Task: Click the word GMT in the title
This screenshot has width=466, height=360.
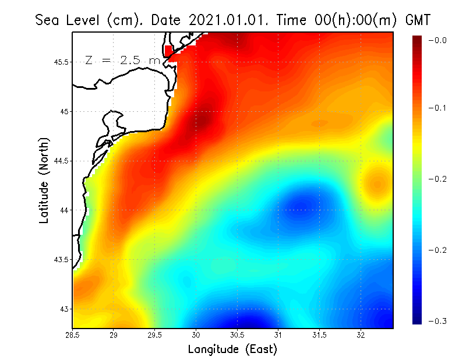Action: (x=419, y=20)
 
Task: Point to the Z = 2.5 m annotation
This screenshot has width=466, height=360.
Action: (x=122, y=61)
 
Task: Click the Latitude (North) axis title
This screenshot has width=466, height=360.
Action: (x=44, y=181)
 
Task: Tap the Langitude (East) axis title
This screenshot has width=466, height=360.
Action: (x=232, y=350)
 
